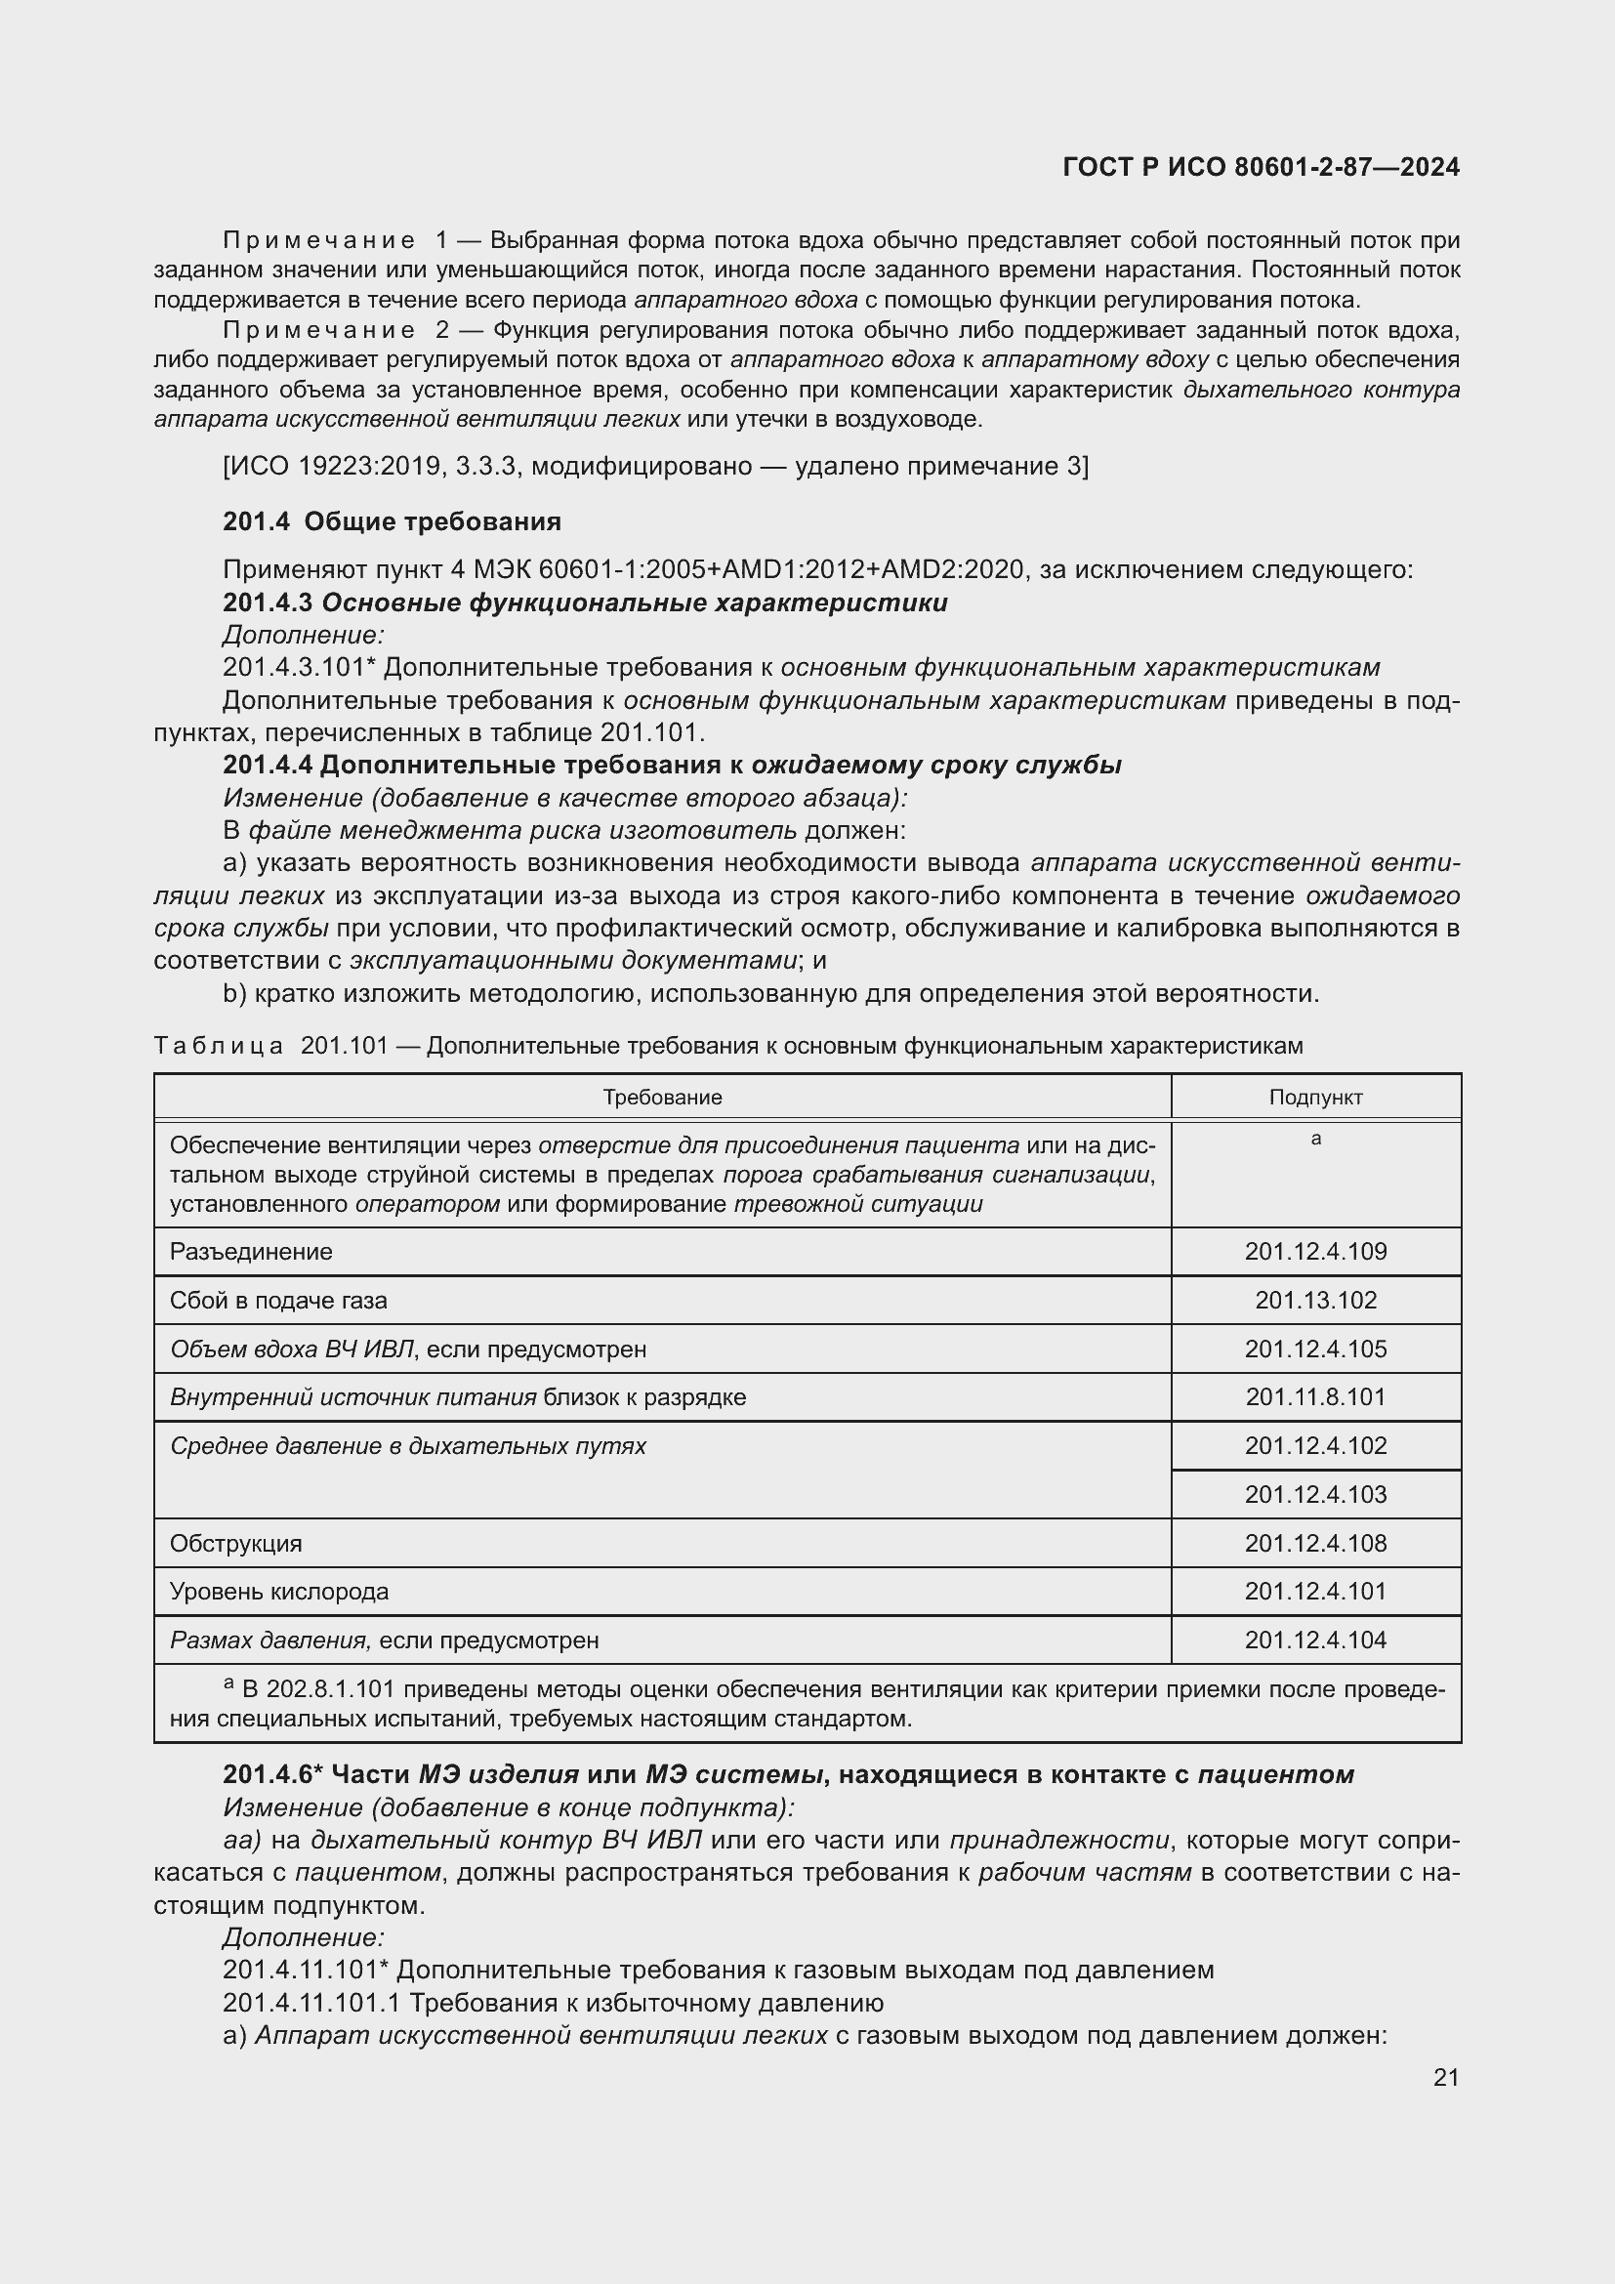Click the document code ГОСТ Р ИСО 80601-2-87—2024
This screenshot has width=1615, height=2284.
(1260, 167)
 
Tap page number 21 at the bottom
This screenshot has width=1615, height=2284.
(1446, 2077)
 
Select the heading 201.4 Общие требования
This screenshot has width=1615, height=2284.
(392, 521)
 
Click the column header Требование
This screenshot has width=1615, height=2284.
(662, 1098)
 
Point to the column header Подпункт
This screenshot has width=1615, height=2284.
(1314, 1098)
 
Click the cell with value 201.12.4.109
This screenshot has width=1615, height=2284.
(1314, 1252)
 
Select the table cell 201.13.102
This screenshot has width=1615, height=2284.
(1314, 1300)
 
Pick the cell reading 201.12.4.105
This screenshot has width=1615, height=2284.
(1314, 1349)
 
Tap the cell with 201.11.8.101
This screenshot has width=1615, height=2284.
(1314, 1397)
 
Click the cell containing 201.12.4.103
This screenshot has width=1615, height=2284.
(1314, 1494)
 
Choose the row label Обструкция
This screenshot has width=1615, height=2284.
(235, 1543)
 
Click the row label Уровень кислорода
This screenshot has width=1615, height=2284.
(279, 1592)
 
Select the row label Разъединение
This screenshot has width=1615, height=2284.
(252, 1252)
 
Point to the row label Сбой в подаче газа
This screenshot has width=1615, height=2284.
(278, 1300)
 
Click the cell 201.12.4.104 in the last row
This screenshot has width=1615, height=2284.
(1314, 1640)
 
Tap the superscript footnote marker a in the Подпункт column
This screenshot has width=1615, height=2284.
(1315, 1139)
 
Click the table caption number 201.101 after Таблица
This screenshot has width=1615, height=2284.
(344, 1046)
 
